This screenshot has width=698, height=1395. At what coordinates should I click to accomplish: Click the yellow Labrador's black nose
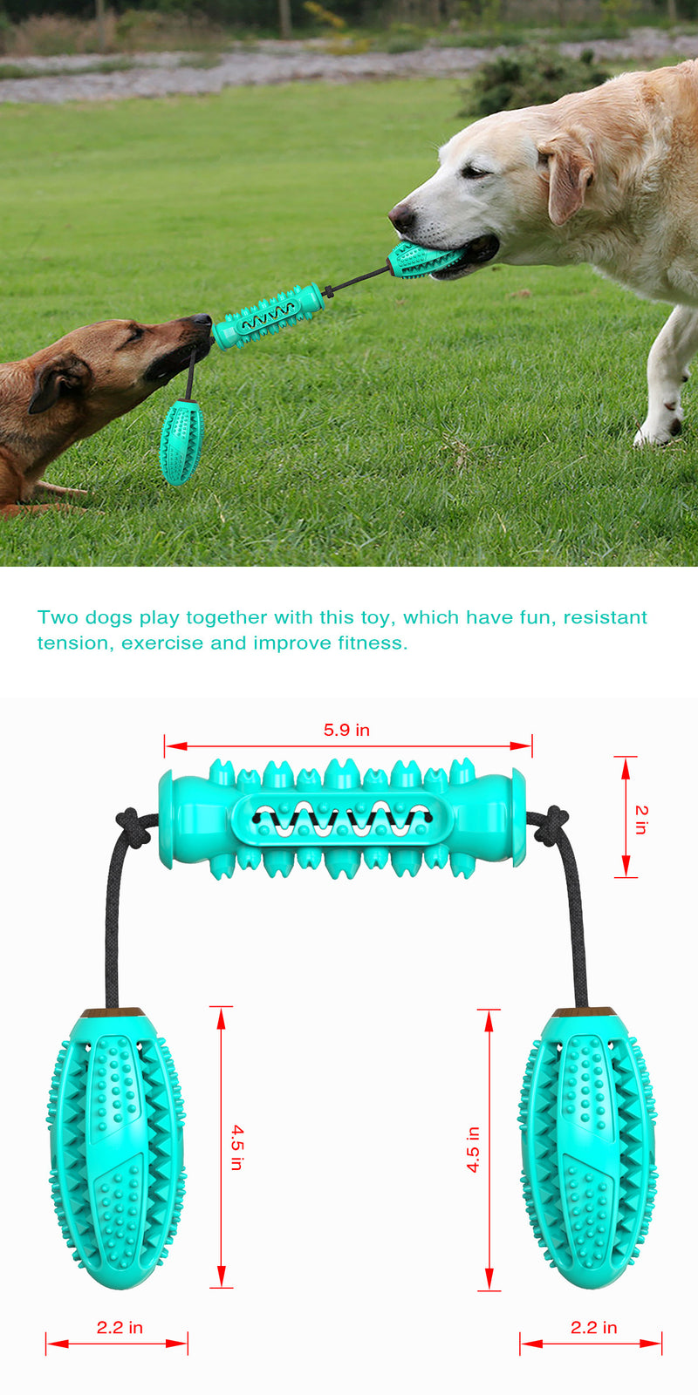400,214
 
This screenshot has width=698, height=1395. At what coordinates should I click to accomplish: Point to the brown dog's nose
202,320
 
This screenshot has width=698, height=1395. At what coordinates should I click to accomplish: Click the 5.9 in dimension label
346,730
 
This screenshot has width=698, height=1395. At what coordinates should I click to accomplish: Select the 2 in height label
641,820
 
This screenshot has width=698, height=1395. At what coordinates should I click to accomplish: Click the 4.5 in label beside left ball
236,1147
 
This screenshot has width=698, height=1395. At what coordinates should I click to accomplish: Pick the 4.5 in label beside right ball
473,1148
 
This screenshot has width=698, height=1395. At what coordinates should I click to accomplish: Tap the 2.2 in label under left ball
120,1327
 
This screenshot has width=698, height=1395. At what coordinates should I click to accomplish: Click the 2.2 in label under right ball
593,1327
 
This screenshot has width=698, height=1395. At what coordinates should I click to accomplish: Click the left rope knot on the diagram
133,826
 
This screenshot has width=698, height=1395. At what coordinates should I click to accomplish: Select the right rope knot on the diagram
551,825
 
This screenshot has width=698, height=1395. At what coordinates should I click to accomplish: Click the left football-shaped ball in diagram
116,1149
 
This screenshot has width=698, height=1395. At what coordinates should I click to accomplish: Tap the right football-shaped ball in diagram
588,1149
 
